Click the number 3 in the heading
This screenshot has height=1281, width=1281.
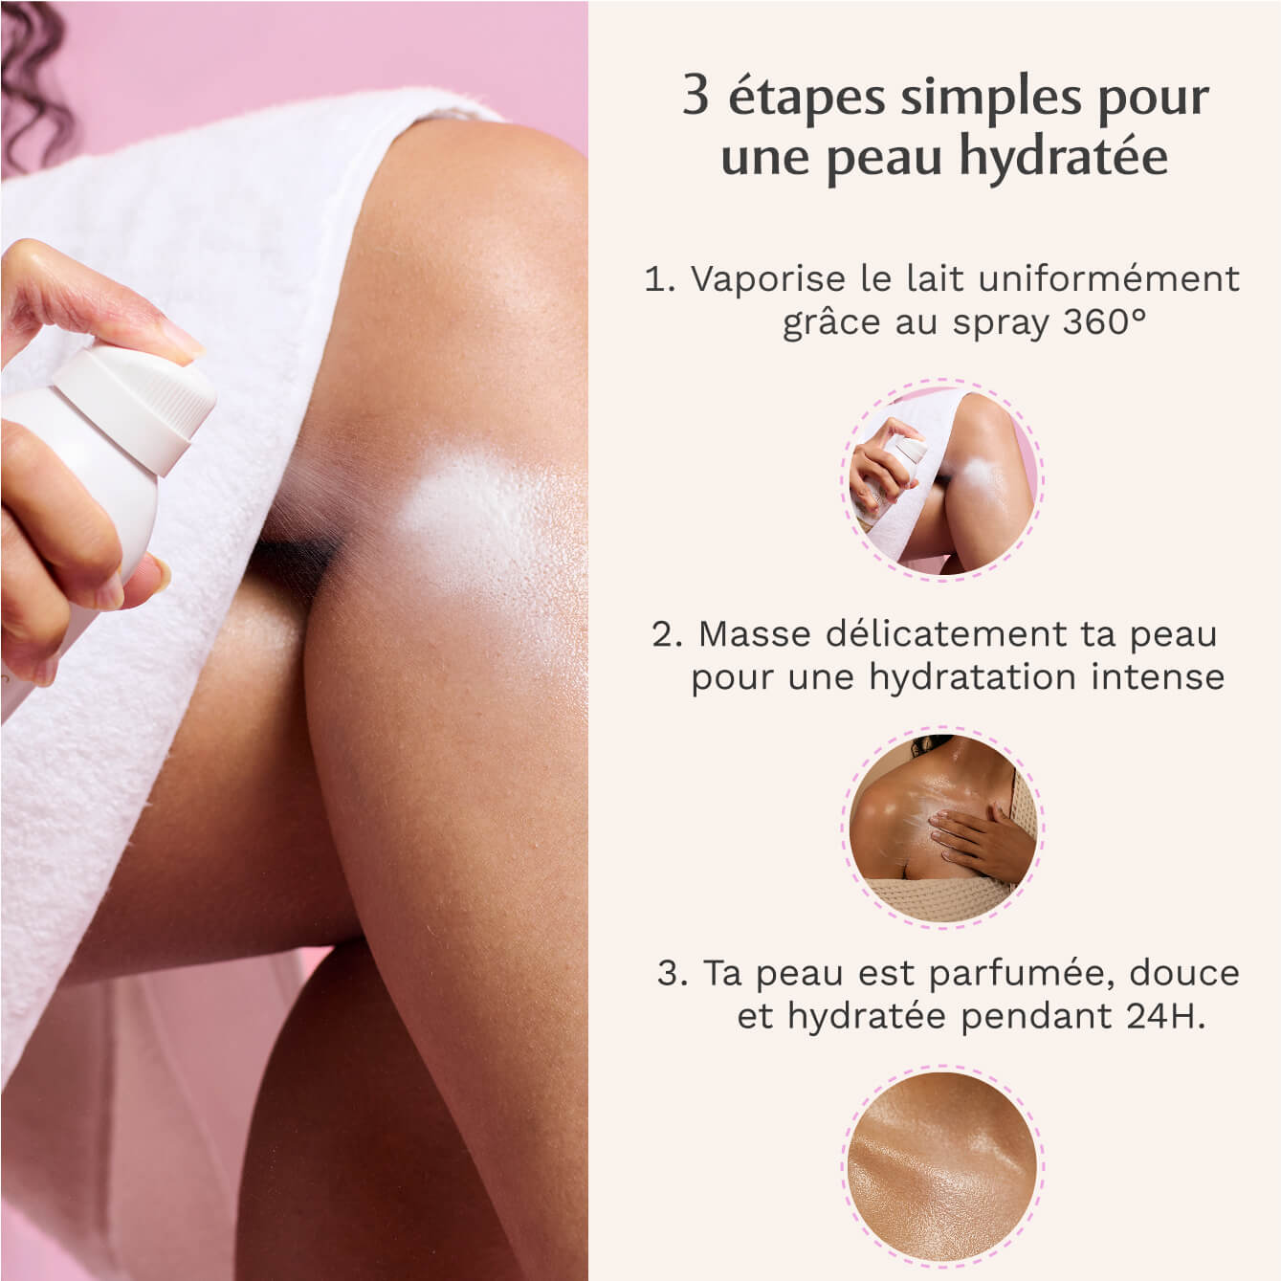point(696,97)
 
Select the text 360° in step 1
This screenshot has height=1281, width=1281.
point(1104,322)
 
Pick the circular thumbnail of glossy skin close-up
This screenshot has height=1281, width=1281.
point(942,1164)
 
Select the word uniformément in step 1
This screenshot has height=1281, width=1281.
point(1110,279)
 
